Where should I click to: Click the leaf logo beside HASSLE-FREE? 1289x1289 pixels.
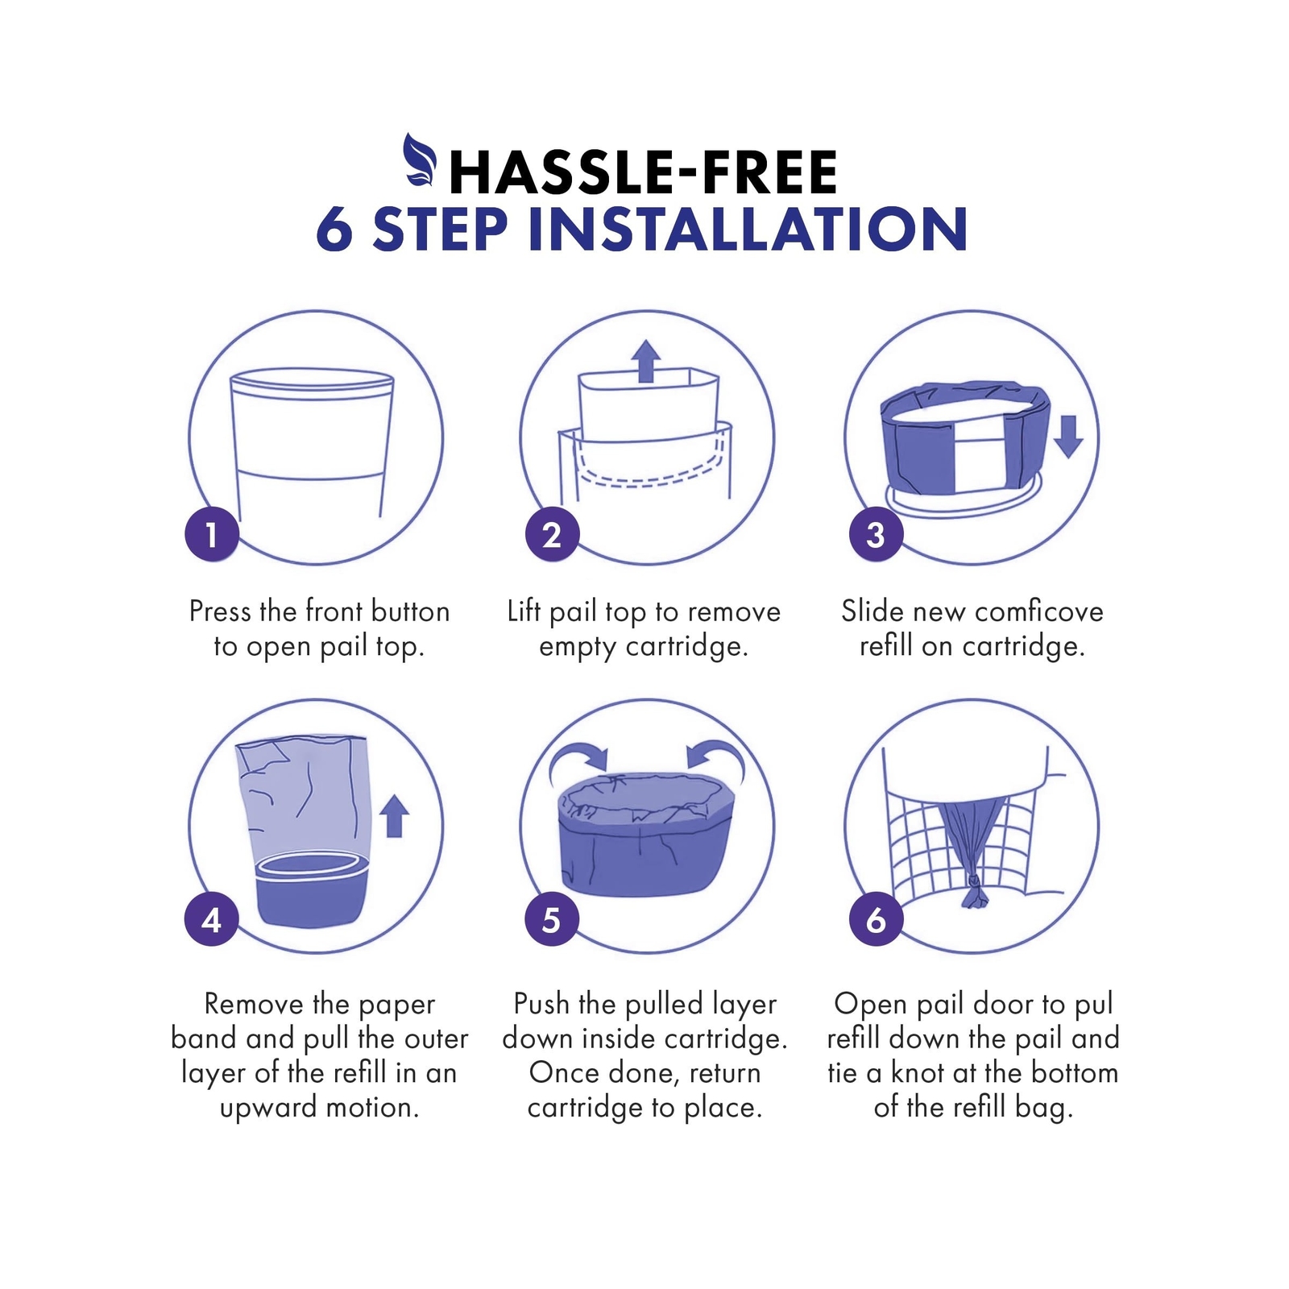coord(420,160)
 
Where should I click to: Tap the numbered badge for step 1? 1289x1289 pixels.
coord(212,535)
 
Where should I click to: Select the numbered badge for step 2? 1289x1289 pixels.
coord(552,535)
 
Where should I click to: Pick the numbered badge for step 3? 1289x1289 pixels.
coord(876,535)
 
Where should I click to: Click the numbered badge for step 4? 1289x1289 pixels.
coord(212,919)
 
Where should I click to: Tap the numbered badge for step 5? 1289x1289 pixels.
coord(552,919)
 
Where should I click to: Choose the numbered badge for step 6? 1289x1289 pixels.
coord(876,919)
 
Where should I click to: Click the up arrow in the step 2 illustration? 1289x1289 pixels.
coord(645,360)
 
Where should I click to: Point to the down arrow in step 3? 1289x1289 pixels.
coord(1068,437)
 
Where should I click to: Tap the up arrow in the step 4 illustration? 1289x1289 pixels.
coord(394,816)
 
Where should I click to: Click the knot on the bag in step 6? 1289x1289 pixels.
coord(976,892)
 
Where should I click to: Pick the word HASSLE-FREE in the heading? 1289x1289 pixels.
coord(644,172)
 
